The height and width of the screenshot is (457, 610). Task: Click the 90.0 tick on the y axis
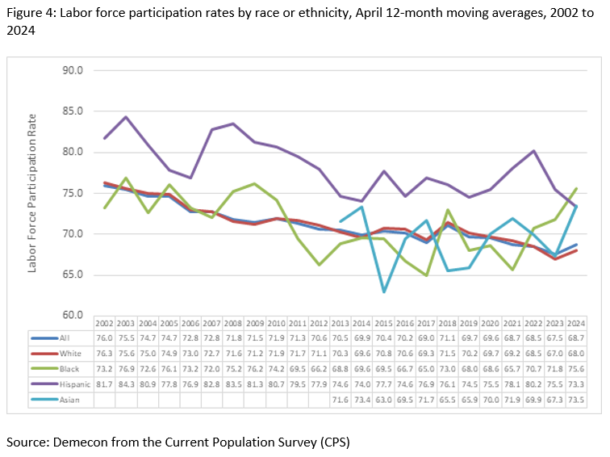click(x=73, y=70)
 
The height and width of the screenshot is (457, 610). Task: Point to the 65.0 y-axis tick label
click(x=73, y=275)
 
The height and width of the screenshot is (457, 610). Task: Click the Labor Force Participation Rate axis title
click(x=33, y=193)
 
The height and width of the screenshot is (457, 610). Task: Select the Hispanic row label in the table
click(x=65, y=384)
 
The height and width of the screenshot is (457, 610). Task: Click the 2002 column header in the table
click(x=105, y=323)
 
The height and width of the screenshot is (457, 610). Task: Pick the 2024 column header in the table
click(x=575, y=323)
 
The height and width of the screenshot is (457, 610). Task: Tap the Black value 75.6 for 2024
click(x=575, y=370)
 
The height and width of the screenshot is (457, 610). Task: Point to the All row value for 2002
click(x=105, y=339)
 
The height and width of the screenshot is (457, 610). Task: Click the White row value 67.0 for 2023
click(x=554, y=354)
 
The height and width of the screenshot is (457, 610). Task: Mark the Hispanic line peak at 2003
click(x=126, y=117)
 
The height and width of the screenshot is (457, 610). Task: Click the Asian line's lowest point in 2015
click(x=383, y=291)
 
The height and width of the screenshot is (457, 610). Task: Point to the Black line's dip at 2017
click(x=426, y=275)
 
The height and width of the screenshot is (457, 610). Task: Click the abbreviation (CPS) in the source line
click(x=333, y=442)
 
